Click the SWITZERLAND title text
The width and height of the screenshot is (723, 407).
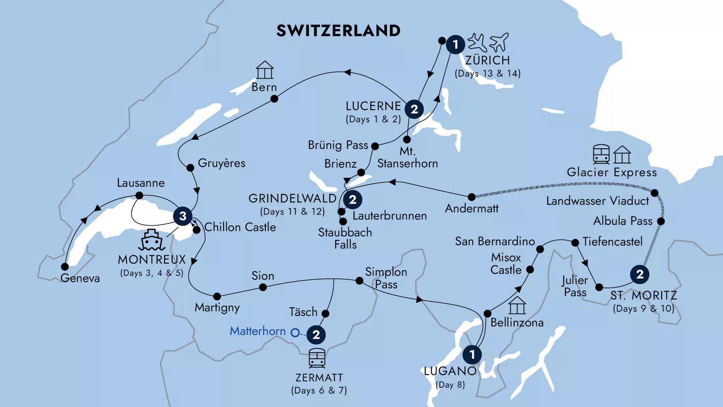click(338, 31)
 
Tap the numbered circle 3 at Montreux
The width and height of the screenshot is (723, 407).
click(183, 216)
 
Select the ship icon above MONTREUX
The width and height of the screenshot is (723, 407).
click(152, 240)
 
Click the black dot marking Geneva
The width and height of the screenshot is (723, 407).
click(65, 267)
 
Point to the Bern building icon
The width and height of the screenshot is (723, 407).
click(264, 70)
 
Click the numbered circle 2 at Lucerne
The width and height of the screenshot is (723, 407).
click(414, 109)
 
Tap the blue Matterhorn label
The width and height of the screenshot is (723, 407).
click(258, 331)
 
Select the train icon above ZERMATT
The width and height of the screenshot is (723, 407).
click(317, 358)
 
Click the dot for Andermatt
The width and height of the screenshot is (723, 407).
click(471, 197)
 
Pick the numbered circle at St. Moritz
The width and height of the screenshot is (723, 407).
click(639, 274)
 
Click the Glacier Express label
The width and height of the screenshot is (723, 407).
click(612, 172)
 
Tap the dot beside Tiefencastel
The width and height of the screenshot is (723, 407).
click(575, 242)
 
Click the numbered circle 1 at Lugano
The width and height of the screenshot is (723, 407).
click(472, 355)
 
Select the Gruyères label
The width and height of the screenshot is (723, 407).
click(221, 163)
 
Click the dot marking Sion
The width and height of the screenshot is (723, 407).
click(263, 287)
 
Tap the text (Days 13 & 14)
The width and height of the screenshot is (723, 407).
click(487, 73)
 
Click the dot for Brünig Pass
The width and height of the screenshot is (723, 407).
click(375, 146)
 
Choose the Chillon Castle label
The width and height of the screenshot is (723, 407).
click(240, 227)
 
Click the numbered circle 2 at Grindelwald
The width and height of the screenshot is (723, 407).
click(352, 200)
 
